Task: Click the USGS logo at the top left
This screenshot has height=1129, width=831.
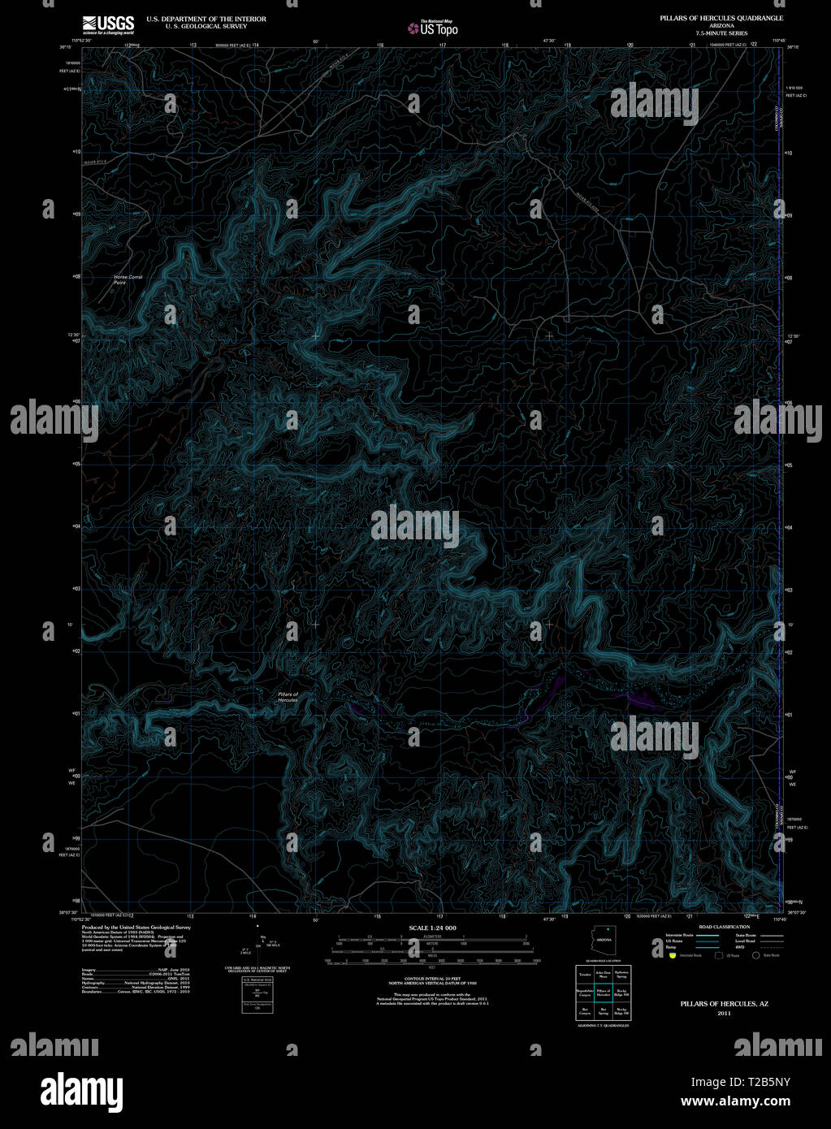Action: [108, 24]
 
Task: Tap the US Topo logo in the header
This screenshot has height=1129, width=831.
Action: [433, 28]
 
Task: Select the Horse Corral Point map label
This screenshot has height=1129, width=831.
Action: [128, 279]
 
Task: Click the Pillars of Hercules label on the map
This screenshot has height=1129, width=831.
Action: [288, 697]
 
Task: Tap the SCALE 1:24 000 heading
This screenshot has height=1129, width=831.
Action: [432, 928]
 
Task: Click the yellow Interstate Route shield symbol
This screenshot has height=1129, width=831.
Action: [673, 956]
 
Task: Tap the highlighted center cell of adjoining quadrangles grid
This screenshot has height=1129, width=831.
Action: [603, 992]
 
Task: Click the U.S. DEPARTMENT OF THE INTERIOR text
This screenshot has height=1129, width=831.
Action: [206, 18]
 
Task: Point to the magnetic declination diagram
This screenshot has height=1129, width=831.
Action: [257, 945]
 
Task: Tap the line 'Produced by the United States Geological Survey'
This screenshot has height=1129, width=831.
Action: [136, 927]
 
